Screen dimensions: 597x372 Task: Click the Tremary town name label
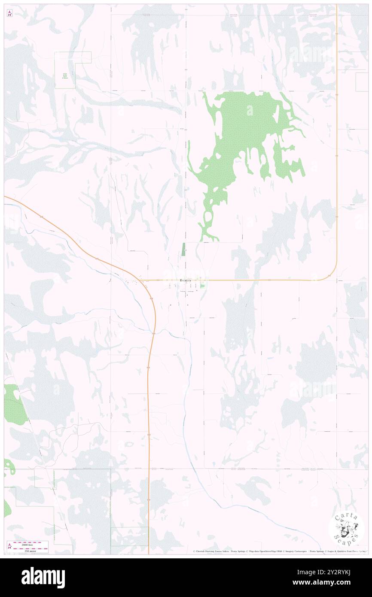186,280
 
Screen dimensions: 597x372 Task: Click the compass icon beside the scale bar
9,547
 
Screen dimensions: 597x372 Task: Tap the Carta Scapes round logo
346,528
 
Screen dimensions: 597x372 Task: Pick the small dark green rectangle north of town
183,250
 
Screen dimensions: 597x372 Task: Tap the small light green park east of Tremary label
202,285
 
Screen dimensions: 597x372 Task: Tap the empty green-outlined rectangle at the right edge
362,82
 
